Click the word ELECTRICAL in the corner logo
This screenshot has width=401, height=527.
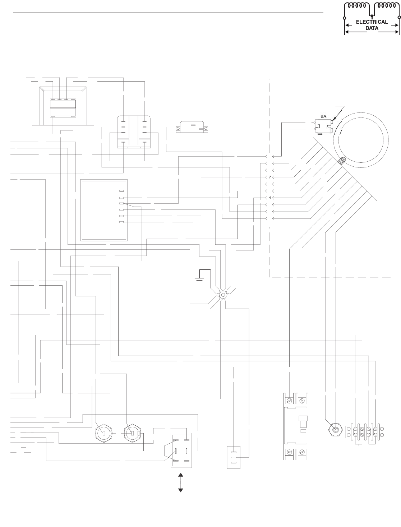(x=372, y=22)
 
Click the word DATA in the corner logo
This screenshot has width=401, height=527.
(x=372, y=28)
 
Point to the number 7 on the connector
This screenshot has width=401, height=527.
(x=270, y=177)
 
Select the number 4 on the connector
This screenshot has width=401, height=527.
(x=270, y=198)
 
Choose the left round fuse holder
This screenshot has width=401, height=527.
(x=103, y=433)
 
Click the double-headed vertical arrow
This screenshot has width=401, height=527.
(x=181, y=482)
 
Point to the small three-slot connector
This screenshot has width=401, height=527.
(x=234, y=457)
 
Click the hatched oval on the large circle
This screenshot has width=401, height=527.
(x=341, y=161)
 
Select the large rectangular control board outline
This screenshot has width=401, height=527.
(x=104, y=210)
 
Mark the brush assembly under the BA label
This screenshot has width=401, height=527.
(x=323, y=125)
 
